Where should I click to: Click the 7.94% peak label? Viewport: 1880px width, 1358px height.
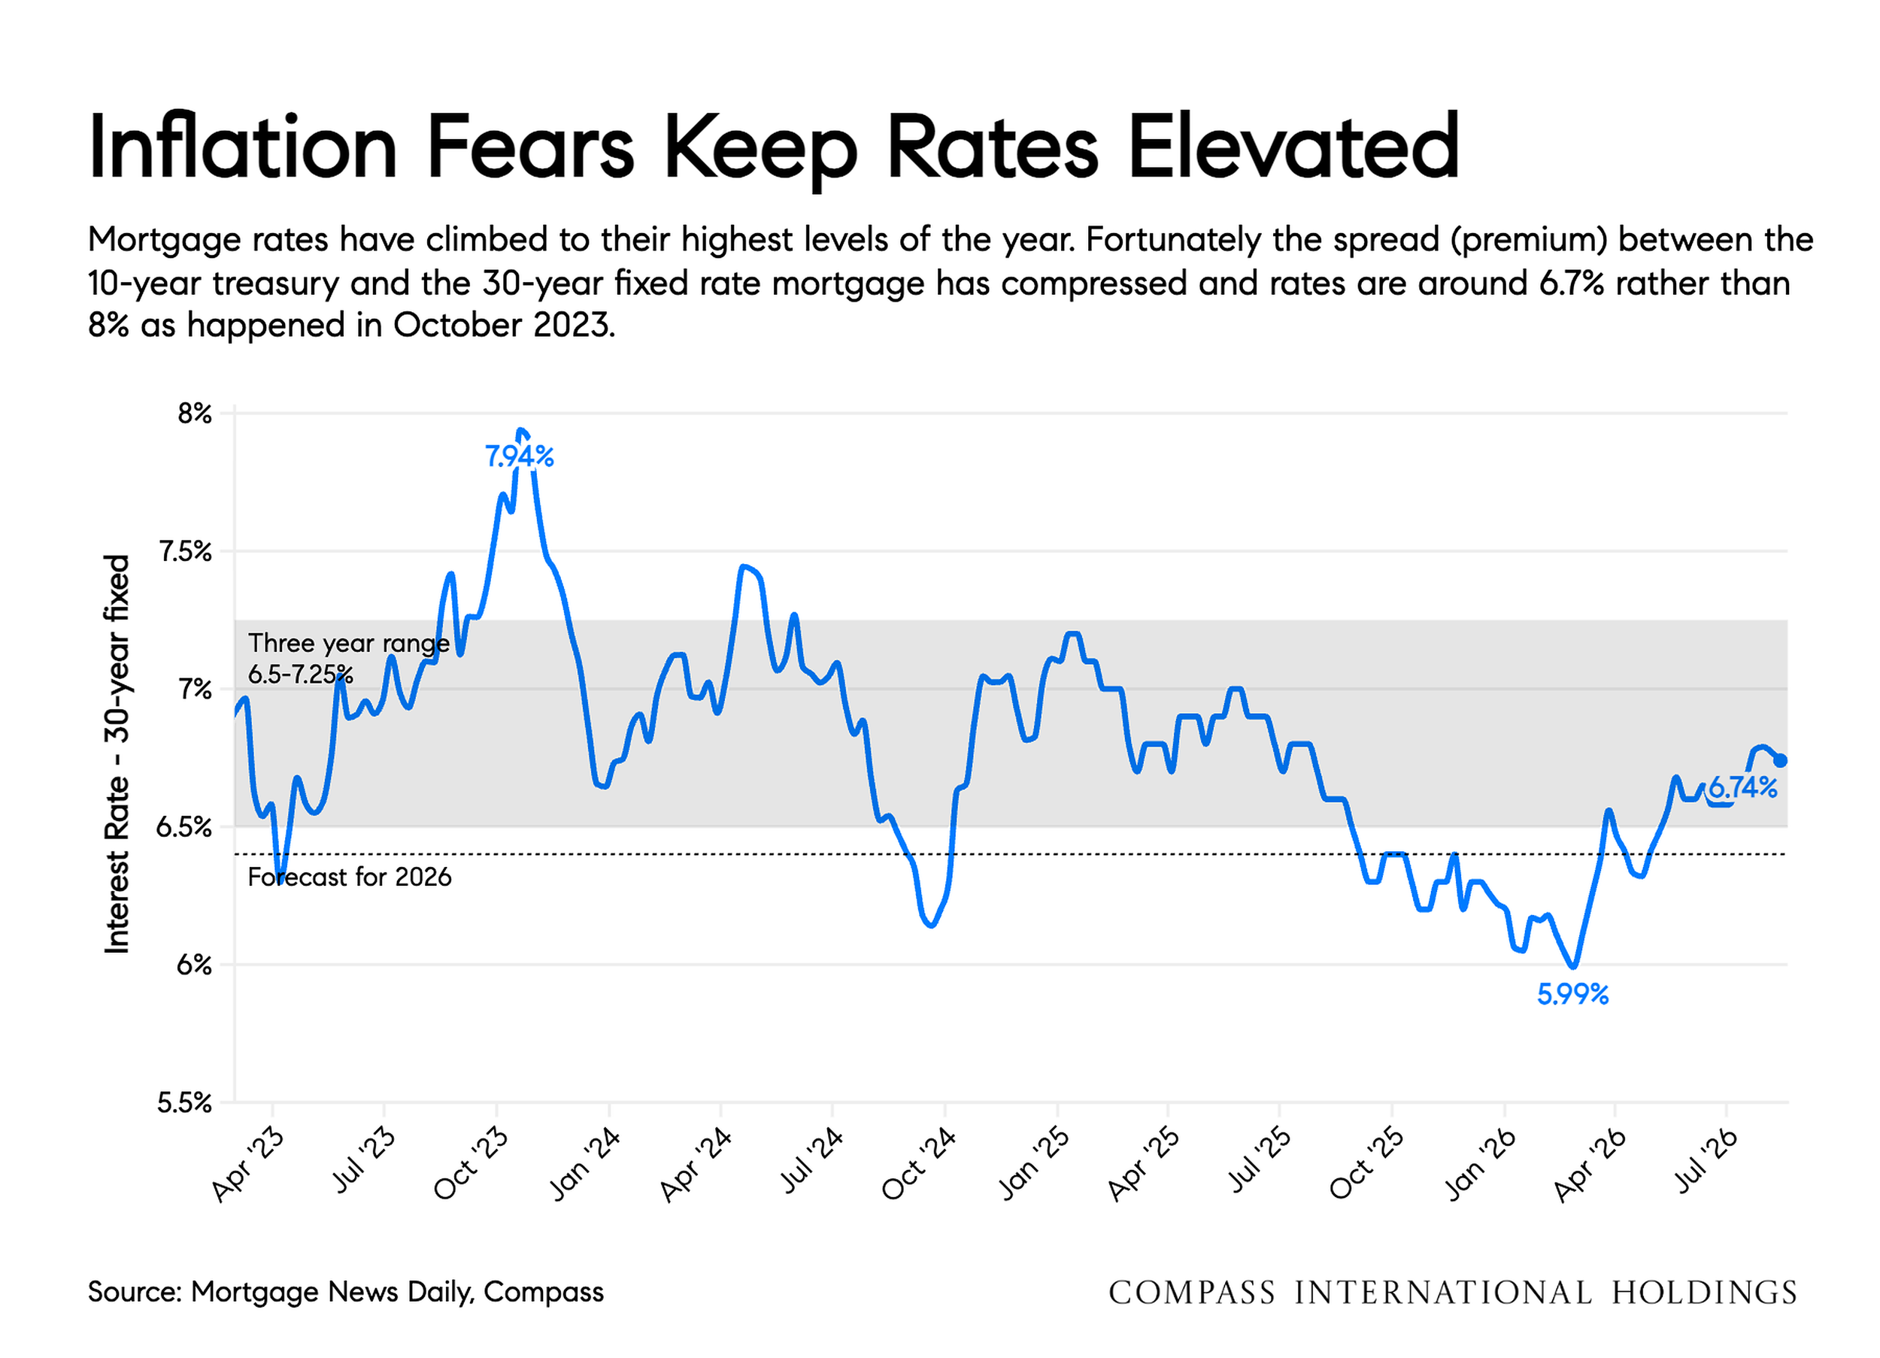point(519,456)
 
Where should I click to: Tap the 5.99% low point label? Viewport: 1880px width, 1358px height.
point(1572,994)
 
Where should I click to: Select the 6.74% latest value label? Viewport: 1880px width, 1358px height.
point(1742,787)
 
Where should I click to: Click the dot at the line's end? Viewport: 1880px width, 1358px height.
point(1780,761)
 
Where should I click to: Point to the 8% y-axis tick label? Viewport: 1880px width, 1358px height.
point(195,413)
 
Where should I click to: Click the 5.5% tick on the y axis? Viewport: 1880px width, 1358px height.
point(185,1102)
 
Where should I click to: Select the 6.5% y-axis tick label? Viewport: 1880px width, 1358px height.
point(185,827)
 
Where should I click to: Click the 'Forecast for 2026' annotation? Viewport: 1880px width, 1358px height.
point(350,878)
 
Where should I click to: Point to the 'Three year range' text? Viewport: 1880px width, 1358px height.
point(349,644)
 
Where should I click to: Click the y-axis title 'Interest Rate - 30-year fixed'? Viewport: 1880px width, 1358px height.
point(117,754)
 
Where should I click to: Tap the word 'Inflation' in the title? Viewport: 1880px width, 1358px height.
point(243,147)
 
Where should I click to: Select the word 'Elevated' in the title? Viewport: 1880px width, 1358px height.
point(1293,147)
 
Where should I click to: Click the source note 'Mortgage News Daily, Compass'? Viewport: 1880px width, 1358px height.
point(397,1293)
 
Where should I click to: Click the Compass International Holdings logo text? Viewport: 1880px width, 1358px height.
point(1452,1293)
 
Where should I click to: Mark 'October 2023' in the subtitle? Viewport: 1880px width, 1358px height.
point(504,325)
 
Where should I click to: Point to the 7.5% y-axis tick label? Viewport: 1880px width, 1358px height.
point(185,551)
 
